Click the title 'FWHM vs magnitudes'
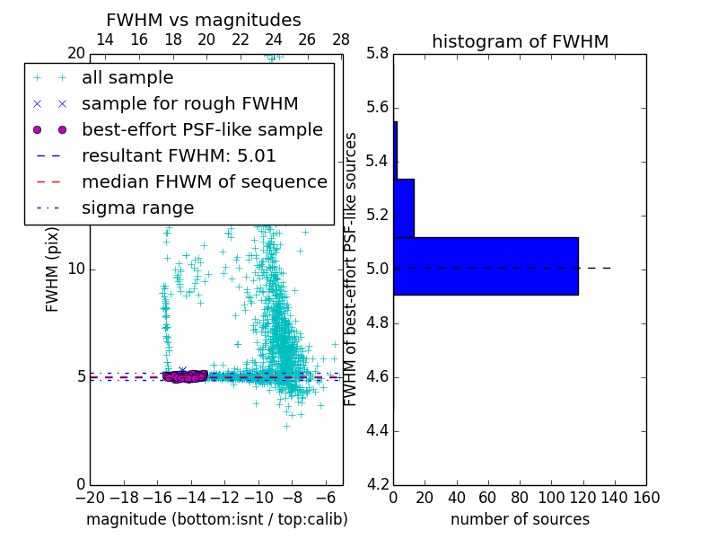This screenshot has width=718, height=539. (203, 20)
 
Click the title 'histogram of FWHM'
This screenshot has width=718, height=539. (520, 41)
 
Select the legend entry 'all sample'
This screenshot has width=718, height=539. (127, 78)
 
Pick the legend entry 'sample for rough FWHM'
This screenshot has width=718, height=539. (189, 103)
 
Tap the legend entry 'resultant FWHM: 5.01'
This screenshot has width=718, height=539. (179, 155)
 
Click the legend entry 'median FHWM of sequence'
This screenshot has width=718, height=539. (204, 181)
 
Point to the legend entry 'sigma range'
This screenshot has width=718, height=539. (137, 208)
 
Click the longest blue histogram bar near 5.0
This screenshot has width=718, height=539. (486, 266)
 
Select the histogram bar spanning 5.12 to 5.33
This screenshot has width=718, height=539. (403, 208)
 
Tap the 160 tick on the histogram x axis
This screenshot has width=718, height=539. (646, 498)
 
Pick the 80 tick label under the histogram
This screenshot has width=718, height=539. (520, 498)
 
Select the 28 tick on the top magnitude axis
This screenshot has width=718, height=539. (341, 40)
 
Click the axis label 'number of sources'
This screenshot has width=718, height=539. (520, 519)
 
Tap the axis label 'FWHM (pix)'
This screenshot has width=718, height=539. (53, 269)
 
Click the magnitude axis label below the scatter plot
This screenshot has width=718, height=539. (216, 519)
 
